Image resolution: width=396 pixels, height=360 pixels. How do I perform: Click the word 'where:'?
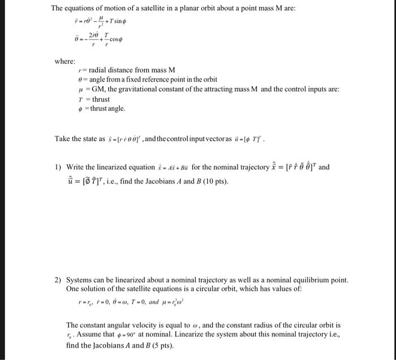65,61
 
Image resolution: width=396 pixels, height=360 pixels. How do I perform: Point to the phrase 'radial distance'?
111,70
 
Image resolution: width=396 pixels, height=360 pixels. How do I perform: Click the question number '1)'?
58,167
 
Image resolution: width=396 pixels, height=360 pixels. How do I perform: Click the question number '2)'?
58,280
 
